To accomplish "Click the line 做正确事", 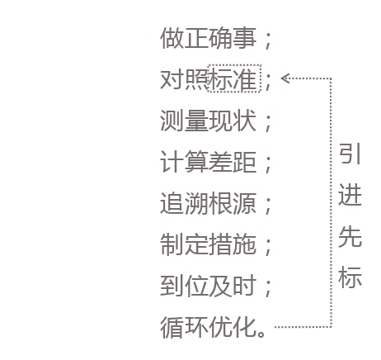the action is click(208, 38).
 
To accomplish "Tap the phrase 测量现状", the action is click(208, 121).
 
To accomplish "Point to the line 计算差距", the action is click(208, 162).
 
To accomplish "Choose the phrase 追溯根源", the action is click(208, 203).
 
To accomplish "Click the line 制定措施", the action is click(208, 244).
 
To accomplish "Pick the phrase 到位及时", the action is click(208, 286).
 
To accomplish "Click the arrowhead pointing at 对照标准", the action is click(285, 78).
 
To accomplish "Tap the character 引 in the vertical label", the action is click(350, 154).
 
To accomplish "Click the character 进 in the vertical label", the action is click(350, 195).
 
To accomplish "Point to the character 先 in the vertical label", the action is click(350, 236).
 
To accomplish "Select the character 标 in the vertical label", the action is click(350, 277).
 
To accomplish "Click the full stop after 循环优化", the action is click(261, 334).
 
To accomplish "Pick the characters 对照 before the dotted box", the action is click(184, 79).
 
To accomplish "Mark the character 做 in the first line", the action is click(172, 38).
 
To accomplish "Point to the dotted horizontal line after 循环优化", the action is click(303, 327).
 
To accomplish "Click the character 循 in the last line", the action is click(172, 327).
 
